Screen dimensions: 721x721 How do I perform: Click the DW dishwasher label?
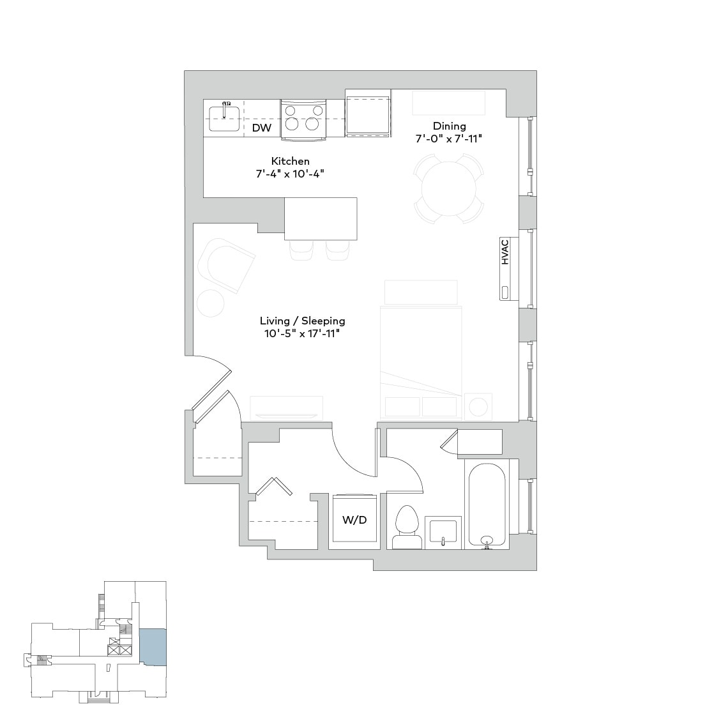click(262, 128)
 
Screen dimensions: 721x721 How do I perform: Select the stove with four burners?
click(303, 119)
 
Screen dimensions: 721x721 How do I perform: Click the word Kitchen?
click(290, 161)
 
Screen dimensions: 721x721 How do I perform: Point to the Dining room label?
click(450, 126)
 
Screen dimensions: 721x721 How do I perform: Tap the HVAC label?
click(505, 252)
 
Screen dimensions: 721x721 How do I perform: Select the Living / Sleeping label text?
click(302, 321)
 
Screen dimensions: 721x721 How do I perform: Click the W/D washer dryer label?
click(354, 520)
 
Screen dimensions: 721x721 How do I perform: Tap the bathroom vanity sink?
click(444, 531)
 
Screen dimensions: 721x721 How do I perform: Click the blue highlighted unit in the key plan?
click(153, 647)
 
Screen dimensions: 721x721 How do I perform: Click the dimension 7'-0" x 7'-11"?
click(450, 139)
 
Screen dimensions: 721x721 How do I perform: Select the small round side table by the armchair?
click(210, 302)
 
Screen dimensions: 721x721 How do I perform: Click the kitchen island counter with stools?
click(321, 218)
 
